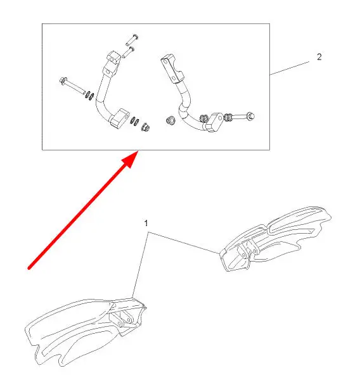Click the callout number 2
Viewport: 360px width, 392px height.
pyautogui.click(x=319, y=57)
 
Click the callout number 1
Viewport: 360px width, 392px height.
pyautogui.click(x=146, y=224)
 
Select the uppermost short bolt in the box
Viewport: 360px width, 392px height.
pyautogui.click(x=132, y=40)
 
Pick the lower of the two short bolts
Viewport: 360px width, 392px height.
pyautogui.click(x=128, y=53)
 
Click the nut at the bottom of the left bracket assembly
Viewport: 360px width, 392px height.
pyautogui.click(x=145, y=127)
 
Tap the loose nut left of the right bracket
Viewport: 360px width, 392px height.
pyautogui.click(x=170, y=120)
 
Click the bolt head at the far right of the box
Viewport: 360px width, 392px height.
pyautogui.click(x=250, y=116)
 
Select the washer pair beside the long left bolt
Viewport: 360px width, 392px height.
pyautogui.click(x=90, y=96)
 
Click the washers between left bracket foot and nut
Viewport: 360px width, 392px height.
pyautogui.click(x=134, y=121)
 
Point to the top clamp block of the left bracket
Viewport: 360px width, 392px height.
pyautogui.click(x=113, y=58)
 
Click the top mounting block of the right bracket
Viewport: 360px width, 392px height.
pyautogui.click(x=172, y=69)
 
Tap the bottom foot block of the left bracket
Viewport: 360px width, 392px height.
pyautogui.click(x=119, y=118)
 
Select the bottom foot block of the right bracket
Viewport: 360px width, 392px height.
pyautogui.click(x=213, y=122)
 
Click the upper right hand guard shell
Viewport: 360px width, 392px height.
pyautogui.click(x=275, y=238)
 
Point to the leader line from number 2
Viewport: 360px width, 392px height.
pyautogui.click(x=290, y=68)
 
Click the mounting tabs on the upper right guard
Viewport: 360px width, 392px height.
pyautogui.click(x=248, y=250)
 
